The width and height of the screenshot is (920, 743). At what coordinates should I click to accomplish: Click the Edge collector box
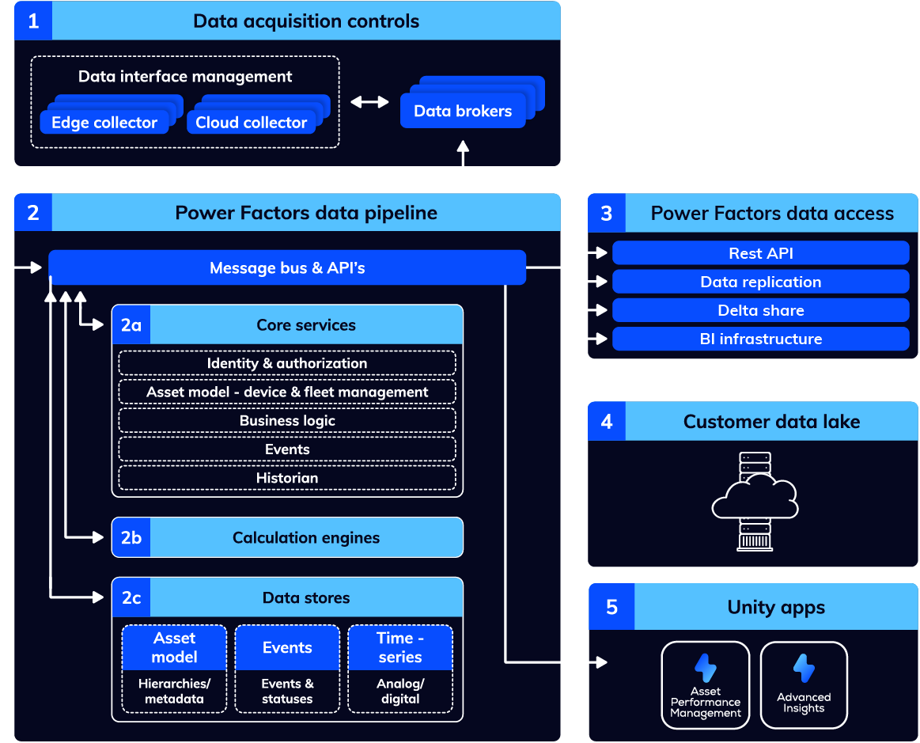click(x=104, y=123)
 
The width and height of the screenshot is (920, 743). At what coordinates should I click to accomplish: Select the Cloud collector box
click(x=251, y=123)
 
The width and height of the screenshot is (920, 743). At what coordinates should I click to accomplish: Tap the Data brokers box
click(x=463, y=111)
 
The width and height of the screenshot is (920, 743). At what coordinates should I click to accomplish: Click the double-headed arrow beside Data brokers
click(x=369, y=101)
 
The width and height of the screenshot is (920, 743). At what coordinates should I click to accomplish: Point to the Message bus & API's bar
click(x=287, y=267)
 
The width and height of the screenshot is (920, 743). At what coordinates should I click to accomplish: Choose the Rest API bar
click(x=760, y=253)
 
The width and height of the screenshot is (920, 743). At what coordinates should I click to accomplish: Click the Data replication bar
click(x=760, y=282)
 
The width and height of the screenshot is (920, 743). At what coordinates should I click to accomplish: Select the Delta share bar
click(x=760, y=310)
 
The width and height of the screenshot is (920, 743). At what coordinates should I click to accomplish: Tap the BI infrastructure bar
click(x=760, y=339)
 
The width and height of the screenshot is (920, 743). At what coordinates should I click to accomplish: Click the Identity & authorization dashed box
click(x=287, y=363)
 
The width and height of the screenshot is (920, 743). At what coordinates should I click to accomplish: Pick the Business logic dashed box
click(x=287, y=420)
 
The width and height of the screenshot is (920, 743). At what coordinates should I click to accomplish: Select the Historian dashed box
click(x=287, y=478)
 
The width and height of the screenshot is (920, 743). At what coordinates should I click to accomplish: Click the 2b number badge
click(x=131, y=537)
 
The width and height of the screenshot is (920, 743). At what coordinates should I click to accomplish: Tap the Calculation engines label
click(x=306, y=537)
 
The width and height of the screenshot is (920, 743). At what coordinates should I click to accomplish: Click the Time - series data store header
click(x=400, y=647)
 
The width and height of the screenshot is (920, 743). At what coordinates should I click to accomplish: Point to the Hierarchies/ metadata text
click(x=174, y=691)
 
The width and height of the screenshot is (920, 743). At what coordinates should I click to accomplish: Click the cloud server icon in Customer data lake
click(x=753, y=499)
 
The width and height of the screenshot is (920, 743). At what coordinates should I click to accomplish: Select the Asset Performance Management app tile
click(x=705, y=684)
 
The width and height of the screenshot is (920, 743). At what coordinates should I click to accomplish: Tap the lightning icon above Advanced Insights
click(x=804, y=669)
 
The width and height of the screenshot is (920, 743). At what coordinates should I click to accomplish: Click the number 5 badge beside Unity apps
click(x=611, y=607)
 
